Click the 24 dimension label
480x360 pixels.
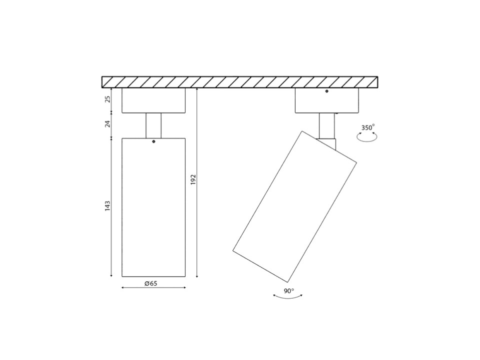pos(107,124)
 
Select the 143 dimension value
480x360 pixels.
pos(107,206)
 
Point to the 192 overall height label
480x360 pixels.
pos(193,179)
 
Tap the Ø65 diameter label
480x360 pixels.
pos(151,283)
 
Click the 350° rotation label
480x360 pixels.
pos(368,127)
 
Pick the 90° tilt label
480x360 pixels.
pos(289,291)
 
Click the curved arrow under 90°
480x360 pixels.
pos(288,298)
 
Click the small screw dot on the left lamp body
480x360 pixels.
pos(153,141)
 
